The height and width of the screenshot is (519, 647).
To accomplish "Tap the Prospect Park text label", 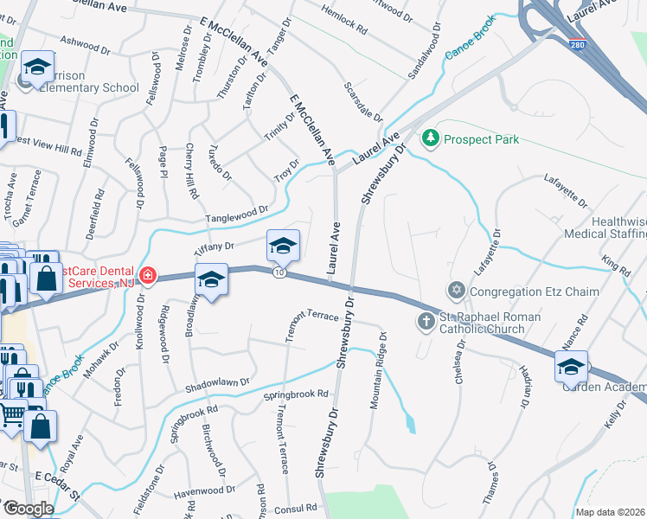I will tap(481, 139).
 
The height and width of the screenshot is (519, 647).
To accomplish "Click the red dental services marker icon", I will tap(148, 276).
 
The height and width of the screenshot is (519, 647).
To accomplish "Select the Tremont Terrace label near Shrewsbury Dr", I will tap(310, 317).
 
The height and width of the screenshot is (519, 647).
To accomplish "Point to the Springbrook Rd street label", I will tap(297, 394).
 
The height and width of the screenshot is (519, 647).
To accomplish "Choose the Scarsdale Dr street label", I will tap(363, 102).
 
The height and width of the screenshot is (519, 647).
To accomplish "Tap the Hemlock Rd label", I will tap(344, 18).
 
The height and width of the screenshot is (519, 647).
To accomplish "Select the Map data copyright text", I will tap(611, 512).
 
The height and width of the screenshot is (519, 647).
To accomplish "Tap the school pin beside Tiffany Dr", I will tap(283, 247).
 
